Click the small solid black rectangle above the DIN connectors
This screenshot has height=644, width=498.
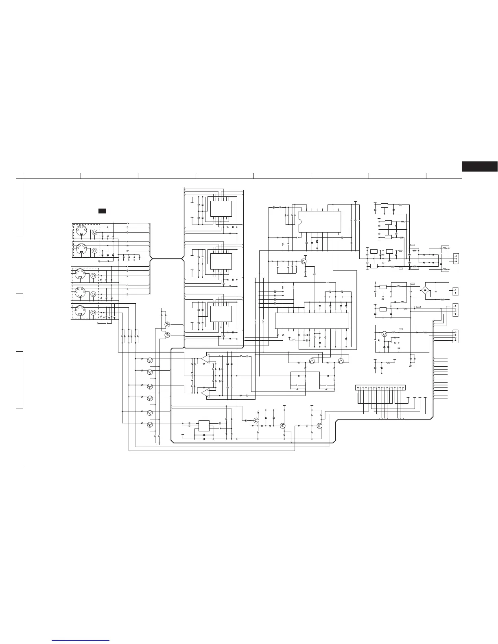(x=102, y=211)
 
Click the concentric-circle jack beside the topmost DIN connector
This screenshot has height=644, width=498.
(x=95, y=233)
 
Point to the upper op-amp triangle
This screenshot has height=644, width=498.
(x=205, y=359)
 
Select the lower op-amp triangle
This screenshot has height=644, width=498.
(x=205, y=392)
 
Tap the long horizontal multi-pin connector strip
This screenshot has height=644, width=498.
(x=380, y=387)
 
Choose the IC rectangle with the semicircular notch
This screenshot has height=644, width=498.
(x=319, y=222)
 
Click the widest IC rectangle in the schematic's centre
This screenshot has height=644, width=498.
(x=312, y=321)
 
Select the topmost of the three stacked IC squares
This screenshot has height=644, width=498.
(x=221, y=209)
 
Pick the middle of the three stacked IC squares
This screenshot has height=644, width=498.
(x=221, y=261)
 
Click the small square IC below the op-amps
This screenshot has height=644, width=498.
(x=203, y=426)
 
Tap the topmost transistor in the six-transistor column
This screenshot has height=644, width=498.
(x=150, y=360)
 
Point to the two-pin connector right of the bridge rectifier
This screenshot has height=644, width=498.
(x=455, y=291)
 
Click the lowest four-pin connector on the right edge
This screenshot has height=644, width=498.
(x=456, y=336)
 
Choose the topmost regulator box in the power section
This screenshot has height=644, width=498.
(x=384, y=205)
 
